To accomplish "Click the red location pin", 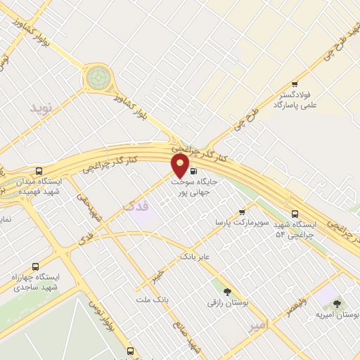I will click(x=181, y=166).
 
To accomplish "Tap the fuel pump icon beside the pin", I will click(x=193, y=170).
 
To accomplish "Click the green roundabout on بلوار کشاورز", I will click(x=98, y=77).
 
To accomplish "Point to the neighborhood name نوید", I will click(x=41, y=108).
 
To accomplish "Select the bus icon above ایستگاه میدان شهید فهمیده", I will click(x=39, y=171).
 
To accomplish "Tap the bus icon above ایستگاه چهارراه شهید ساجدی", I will click(x=35, y=266).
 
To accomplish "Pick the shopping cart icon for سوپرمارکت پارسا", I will click(x=242, y=212).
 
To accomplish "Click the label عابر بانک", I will click(x=195, y=258).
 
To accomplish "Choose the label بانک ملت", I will click(x=155, y=300).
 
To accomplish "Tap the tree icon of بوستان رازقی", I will click(x=226, y=291).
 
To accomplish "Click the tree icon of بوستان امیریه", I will click(x=337, y=303).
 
